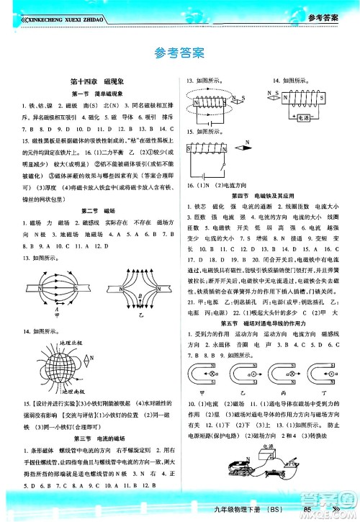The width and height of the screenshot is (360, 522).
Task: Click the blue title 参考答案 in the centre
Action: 179,53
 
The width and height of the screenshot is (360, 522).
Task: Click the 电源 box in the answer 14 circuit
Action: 302,114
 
